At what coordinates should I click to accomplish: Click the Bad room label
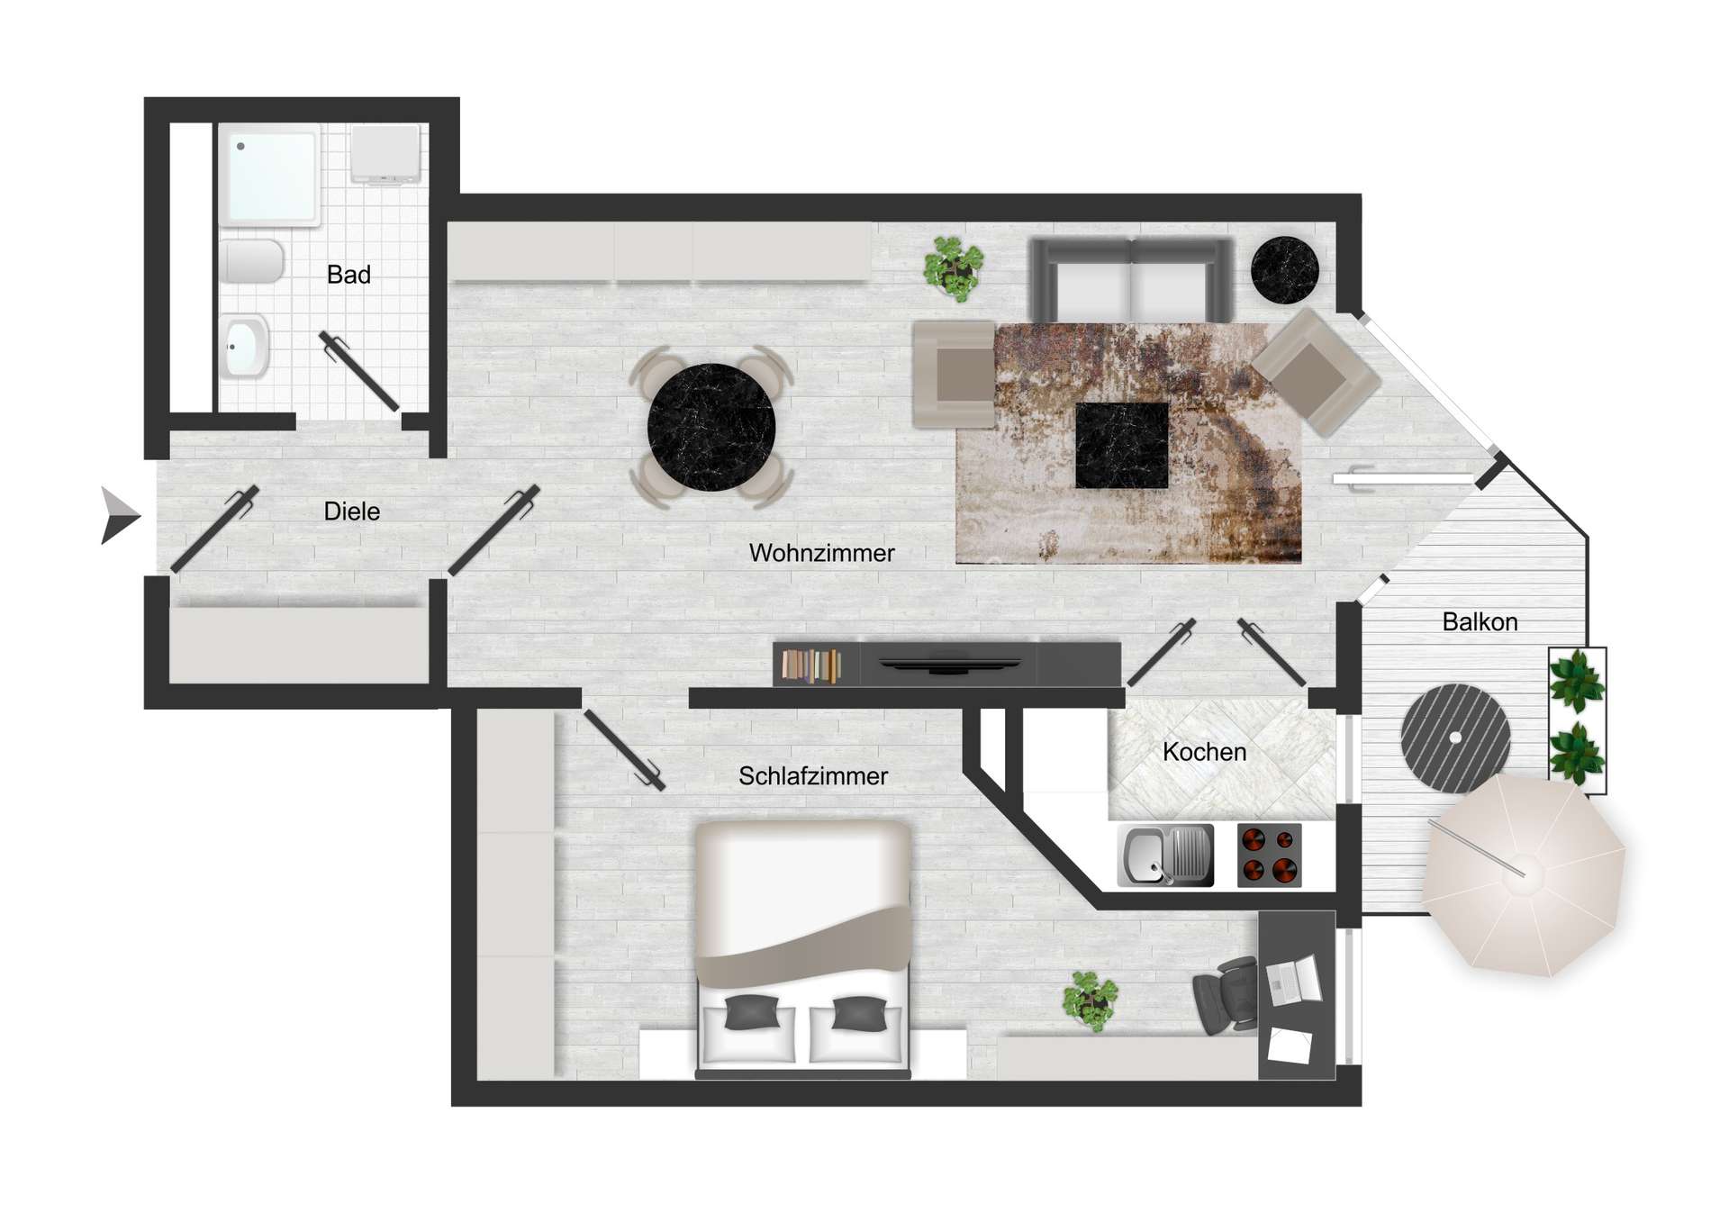click(x=349, y=275)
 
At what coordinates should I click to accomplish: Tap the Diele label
click(x=351, y=511)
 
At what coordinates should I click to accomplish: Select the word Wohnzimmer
click(x=821, y=553)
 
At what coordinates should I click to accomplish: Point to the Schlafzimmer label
click(x=812, y=776)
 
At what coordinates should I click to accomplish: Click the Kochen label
click(x=1204, y=752)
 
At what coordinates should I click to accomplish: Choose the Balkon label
click(x=1480, y=622)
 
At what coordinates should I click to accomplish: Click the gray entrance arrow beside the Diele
click(x=118, y=516)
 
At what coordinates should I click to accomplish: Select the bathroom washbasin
click(x=244, y=346)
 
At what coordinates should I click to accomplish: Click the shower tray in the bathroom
click(x=270, y=176)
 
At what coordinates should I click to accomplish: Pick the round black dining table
click(x=711, y=428)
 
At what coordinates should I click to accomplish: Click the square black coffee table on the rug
click(x=1122, y=445)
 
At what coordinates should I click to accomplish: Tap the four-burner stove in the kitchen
click(x=1269, y=855)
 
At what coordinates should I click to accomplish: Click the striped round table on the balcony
click(x=1455, y=738)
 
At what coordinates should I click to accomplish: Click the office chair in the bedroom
click(x=1226, y=996)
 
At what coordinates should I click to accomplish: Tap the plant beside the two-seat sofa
click(x=953, y=267)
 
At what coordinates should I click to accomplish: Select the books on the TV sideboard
click(x=810, y=665)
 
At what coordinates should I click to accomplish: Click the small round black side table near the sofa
click(x=1284, y=269)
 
